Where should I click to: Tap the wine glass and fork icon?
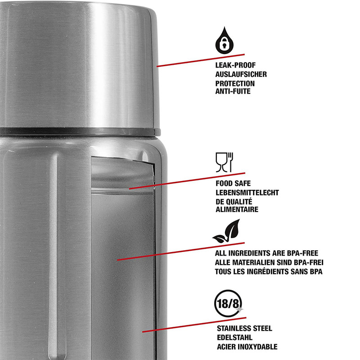(224, 162)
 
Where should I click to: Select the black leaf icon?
(226, 231)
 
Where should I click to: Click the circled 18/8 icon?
(228, 303)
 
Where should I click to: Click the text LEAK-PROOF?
(235, 65)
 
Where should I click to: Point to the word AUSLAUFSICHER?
(241, 74)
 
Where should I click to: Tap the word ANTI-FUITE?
(233, 91)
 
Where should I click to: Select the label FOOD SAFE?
(233, 184)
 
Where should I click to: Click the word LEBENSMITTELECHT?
(247, 193)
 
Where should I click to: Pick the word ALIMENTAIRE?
(237, 209)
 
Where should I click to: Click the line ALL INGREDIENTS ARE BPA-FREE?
(266, 253)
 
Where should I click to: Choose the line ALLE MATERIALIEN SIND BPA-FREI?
(269, 262)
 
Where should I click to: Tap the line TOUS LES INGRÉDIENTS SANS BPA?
(269, 271)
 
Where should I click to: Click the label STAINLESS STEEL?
(244, 328)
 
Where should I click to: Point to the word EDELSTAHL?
(234, 337)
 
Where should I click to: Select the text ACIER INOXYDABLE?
(247, 346)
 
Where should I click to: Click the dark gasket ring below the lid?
(80, 132)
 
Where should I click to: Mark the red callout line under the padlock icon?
(201, 60)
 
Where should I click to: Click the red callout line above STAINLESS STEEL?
(194, 324)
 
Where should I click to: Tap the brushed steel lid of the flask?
(79, 65)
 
